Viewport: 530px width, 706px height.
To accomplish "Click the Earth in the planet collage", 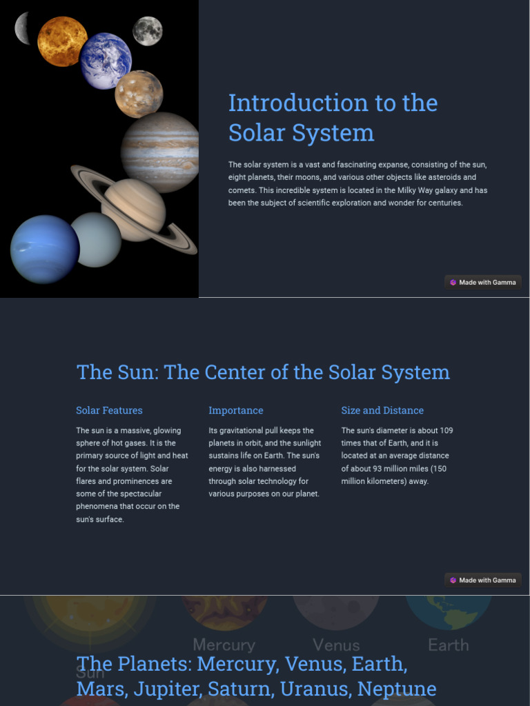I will click(x=106, y=61).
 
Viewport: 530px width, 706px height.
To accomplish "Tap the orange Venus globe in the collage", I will click(x=62, y=41).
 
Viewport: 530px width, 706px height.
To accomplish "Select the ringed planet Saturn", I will click(x=133, y=210).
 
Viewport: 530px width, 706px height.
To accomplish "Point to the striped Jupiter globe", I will click(x=160, y=152).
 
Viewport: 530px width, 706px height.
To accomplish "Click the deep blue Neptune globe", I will click(x=45, y=249).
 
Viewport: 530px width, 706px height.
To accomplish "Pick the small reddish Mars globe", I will click(x=139, y=94).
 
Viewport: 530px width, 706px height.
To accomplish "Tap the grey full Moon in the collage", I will click(x=148, y=31).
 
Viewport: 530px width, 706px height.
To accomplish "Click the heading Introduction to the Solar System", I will click(x=333, y=118).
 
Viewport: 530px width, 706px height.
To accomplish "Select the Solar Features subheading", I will click(x=109, y=410).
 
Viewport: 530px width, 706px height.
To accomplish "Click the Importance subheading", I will click(x=236, y=410).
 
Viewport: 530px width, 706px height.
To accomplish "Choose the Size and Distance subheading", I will click(x=382, y=410).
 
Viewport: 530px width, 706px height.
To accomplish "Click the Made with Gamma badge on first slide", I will click(x=483, y=282).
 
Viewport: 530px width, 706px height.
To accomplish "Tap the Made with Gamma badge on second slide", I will click(x=483, y=580).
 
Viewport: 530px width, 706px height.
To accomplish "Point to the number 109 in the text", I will click(x=446, y=430).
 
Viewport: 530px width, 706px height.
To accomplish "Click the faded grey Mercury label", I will click(x=224, y=645).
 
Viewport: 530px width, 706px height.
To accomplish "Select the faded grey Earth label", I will click(x=449, y=645).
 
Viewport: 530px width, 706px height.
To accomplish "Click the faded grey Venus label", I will click(x=337, y=645).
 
